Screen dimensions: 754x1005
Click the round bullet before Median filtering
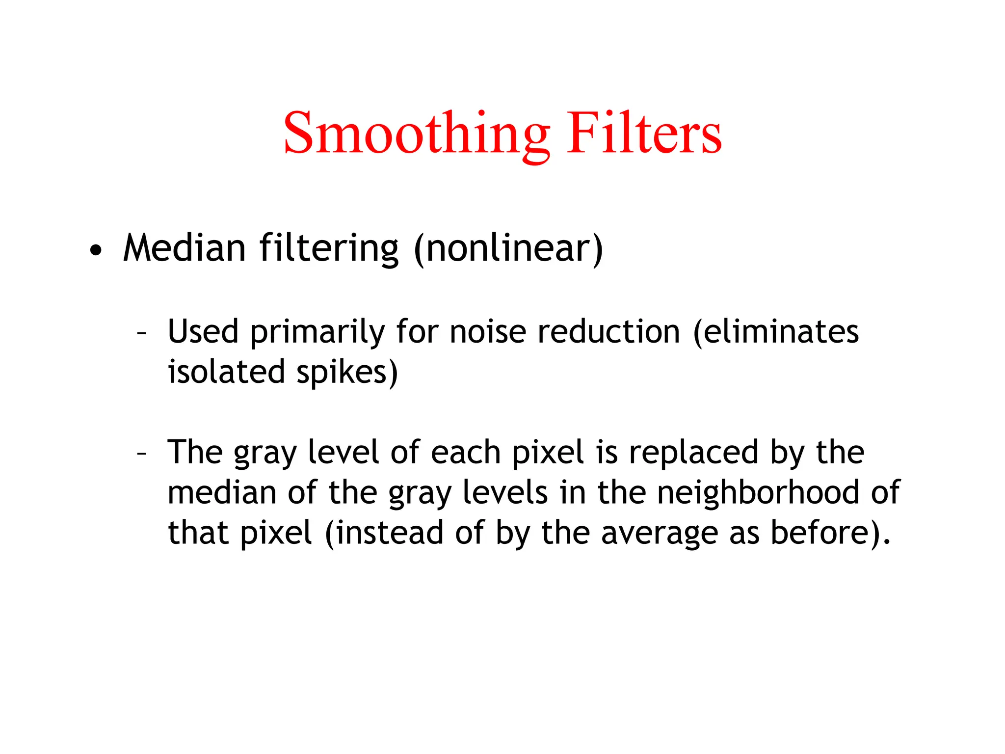[97, 250]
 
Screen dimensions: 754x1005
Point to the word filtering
[329, 249]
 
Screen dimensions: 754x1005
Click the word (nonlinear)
[508, 249]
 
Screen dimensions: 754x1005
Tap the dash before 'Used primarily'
[141, 334]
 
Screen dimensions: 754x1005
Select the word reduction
[609, 332]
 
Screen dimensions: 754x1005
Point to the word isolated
[226, 372]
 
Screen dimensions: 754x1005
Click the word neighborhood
[758, 492]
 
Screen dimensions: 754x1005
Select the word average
[659, 534]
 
